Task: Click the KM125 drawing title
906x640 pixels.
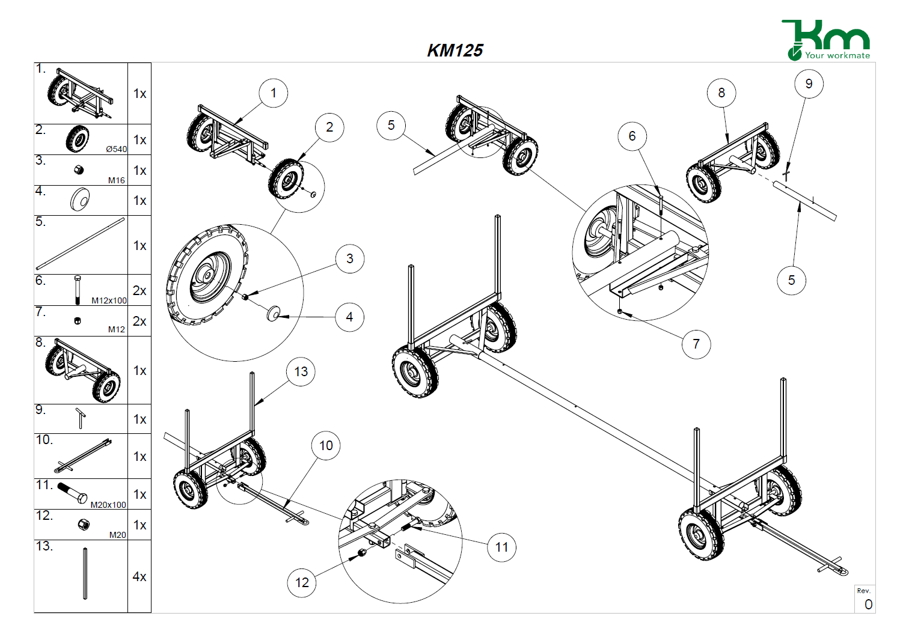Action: [x=455, y=50]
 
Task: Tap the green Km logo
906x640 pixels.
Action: [x=826, y=40]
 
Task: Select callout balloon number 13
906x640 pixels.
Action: [x=301, y=371]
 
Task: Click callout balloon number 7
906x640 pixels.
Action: [x=696, y=344]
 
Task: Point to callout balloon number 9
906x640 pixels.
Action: [x=809, y=84]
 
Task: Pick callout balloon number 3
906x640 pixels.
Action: [x=350, y=259]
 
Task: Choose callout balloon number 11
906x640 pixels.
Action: [x=501, y=547]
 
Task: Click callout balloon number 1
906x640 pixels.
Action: [x=274, y=93]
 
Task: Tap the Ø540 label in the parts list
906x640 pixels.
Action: [x=117, y=149]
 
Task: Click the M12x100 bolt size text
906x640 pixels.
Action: [x=109, y=300]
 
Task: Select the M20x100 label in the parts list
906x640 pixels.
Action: [x=108, y=505]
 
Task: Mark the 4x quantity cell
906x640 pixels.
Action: [x=139, y=576]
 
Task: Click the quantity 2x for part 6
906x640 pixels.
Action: [x=139, y=290]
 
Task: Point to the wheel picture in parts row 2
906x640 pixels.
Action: [x=77, y=139]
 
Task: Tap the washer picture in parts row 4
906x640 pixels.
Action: [x=80, y=199]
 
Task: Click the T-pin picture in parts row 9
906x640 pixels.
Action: [x=81, y=418]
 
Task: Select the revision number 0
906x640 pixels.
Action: [x=868, y=605]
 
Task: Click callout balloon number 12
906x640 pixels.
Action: [x=302, y=582]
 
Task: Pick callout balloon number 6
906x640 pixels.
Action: [x=632, y=136]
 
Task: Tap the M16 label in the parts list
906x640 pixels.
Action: [x=117, y=180]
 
